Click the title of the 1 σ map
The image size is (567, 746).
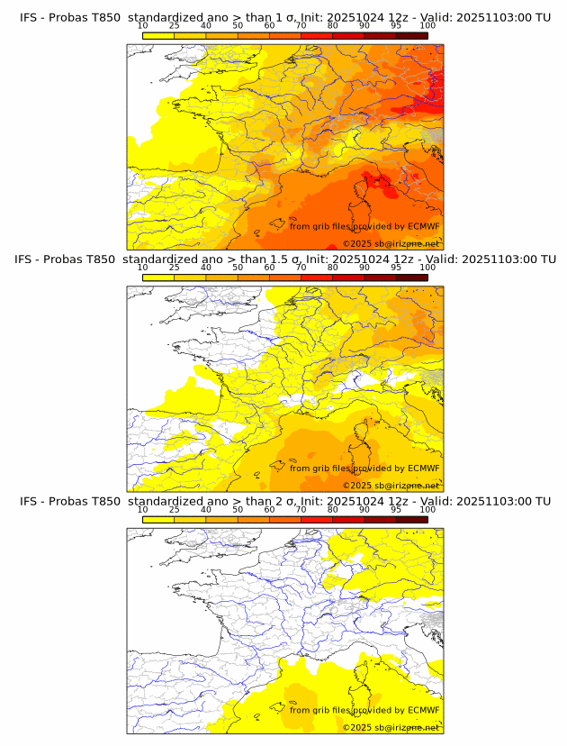pos(284,17)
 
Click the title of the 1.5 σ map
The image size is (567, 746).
pos(284,259)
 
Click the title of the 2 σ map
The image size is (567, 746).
pos(284,501)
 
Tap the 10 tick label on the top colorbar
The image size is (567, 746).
pos(143,25)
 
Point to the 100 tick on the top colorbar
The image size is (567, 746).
pos(427,25)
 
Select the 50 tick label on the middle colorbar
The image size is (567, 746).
pos(238,268)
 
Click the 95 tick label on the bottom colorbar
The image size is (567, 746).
pos(396,509)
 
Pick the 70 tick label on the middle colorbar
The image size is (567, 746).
pos(301,268)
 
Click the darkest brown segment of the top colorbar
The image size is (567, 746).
pos(411,35)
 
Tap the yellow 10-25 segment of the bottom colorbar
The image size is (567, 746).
pos(158,519)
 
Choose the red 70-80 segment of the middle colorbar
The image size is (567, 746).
pos(317,277)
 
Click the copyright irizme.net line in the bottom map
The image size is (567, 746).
pos(391,727)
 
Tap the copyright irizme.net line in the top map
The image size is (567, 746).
pos(391,244)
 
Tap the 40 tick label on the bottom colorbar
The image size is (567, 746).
pos(206,509)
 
